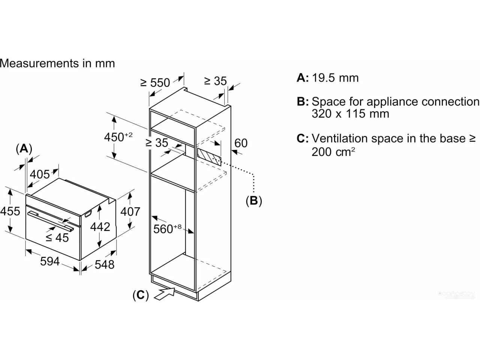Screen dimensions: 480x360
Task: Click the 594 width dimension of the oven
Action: click(50, 261)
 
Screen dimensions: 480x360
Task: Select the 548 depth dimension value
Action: click(104, 265)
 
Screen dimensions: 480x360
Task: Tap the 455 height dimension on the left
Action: click(10, 211)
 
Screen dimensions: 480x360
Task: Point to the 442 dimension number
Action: click(100, 227)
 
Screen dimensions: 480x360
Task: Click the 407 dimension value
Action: click(130, 211)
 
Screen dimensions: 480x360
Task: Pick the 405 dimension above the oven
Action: click(40, 174)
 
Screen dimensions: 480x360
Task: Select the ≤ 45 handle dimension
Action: click(57, 238)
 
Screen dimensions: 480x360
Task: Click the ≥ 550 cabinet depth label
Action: click(155, 82)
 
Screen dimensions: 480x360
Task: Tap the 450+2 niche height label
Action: click(118, 137)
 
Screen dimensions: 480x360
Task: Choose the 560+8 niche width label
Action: click(167, 228)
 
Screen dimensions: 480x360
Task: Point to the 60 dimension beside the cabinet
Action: click(241, 143)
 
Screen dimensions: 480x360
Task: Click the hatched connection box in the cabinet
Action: click(209, 157)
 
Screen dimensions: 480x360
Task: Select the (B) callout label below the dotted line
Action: click(253, 200)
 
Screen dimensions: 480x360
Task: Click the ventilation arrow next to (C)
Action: click(165, 294)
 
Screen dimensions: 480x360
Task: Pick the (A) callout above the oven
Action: click(24, 149)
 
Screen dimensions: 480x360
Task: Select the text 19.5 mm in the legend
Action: click(335, 78)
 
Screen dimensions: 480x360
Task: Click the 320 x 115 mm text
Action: click(350, 114)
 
